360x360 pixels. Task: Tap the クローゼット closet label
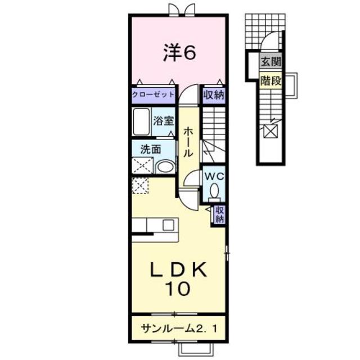click(153, 94)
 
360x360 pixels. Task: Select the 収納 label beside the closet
click(214, 94)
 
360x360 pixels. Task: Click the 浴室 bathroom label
click(164, 120)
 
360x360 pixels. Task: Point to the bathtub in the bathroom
click(141, 120)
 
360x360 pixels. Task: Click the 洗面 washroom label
click(151, 149)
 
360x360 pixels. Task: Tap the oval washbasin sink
click(164, 166)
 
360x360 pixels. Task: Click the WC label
click(214, 175)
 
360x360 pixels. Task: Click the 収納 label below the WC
click(219, 214)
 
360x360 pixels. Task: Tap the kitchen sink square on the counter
click(168, 224)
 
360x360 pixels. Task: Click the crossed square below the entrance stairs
click(271, 132)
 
